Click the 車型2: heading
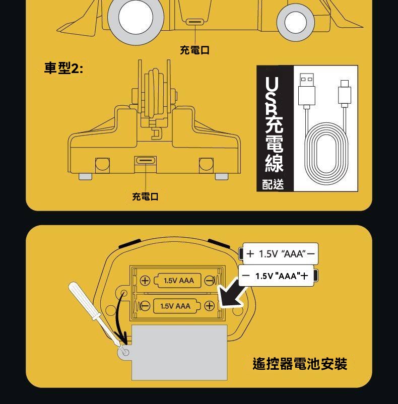(63, 69)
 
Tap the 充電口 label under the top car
(195, 50)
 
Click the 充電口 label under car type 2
(145, 196)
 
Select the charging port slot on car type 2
(146, 161)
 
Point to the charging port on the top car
(195, 22)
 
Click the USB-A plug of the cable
(306, 89)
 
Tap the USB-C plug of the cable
(345, 92)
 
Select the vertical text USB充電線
(274, 124)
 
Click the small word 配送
(273, 184)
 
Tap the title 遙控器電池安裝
(300, 364)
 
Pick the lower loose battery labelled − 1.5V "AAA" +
(278, 276)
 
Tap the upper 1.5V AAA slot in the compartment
(177, 280)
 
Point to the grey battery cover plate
(179, 353)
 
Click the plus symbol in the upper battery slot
(145, 280)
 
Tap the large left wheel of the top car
(136, 18)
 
